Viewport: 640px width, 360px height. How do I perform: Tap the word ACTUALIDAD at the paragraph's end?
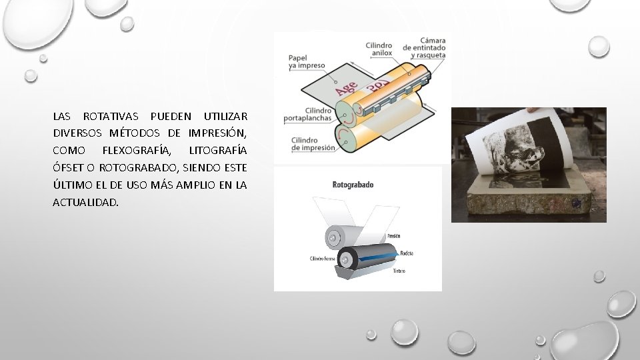coord(85,202)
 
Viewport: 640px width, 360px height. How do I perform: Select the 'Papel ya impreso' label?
coord(306,62)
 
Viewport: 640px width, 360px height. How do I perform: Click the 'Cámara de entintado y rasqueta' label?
coord(424,48)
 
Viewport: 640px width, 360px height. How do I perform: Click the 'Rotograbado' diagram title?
coord(353,185)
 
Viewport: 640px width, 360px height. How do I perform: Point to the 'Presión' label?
coord(394,236)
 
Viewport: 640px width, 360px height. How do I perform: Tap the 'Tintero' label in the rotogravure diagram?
coord(399,271)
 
